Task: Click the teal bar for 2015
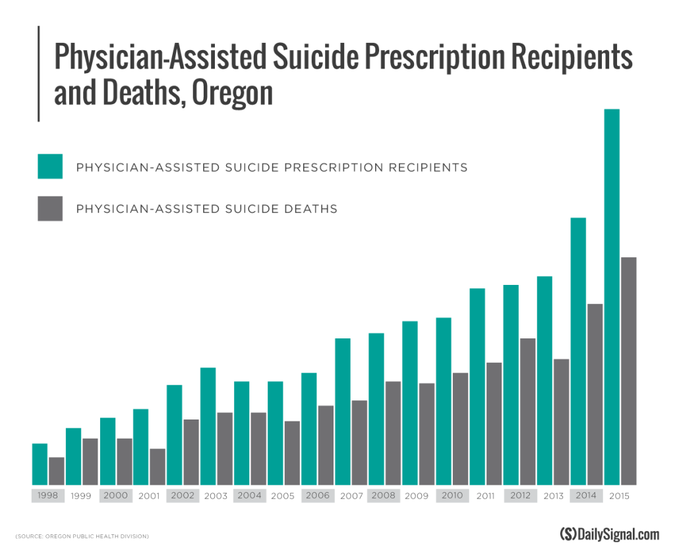point(612,297)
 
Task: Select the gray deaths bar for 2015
point(629,371)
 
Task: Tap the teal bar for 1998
point(40,464)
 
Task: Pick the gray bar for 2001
point(158,467)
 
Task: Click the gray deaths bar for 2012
point(528,412)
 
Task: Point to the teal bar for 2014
point(578,351)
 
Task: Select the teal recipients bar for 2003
point(208,426)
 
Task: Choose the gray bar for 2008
point(394,433)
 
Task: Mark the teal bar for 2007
point(343,412)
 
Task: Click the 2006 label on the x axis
point(317,496)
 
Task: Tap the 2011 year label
point(485,496)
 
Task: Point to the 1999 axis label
point(82,496)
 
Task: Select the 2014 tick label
point(586,496)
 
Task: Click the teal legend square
point(50,166)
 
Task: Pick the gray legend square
point(50,208)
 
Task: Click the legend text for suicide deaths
point(206,209)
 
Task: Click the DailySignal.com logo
point(608,534)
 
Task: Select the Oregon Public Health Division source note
point(82,536)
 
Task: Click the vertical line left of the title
point(39,73)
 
